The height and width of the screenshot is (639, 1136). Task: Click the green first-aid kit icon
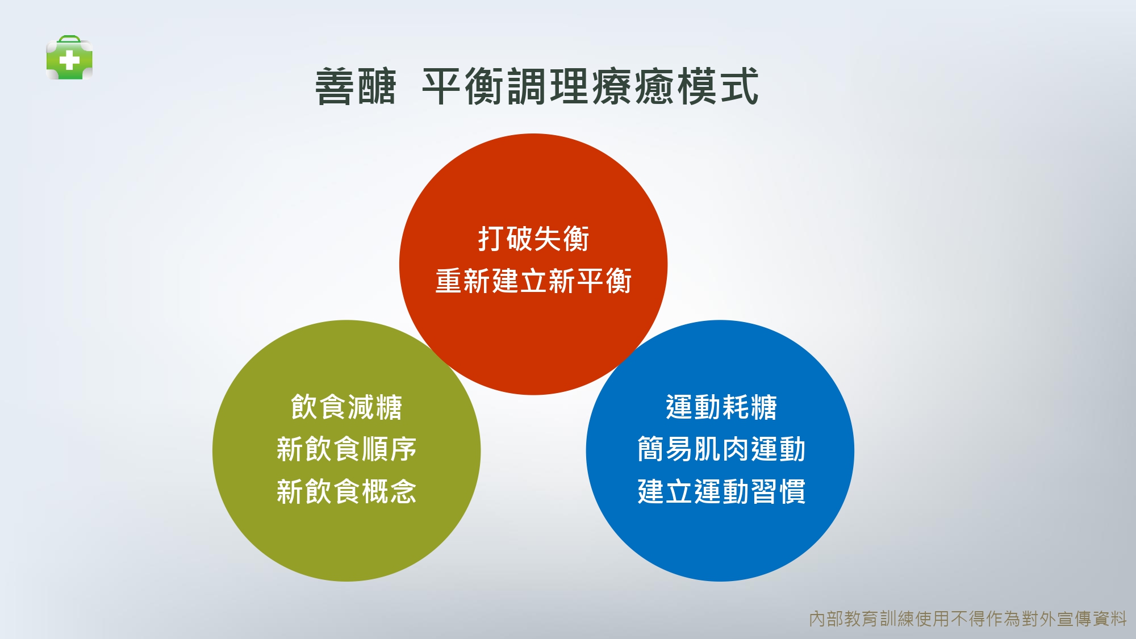click(69, 57)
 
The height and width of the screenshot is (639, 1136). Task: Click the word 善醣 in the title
click(356, 86)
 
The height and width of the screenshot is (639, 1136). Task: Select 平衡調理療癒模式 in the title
click(591, 86)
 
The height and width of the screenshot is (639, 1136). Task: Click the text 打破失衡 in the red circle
click(533, 239)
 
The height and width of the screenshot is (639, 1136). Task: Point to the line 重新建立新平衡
click(533, 281)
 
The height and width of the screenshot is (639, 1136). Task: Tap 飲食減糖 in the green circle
click(346, 407)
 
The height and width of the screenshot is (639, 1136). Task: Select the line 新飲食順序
click(346, 449)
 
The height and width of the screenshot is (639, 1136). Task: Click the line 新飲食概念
click(346, 491)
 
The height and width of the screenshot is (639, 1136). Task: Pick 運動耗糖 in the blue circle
click(721, 407)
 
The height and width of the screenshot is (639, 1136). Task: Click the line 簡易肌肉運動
click(721, 449)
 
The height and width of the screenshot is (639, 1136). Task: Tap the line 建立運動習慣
click(721, 491)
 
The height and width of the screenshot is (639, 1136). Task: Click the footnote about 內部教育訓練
click(968, 619)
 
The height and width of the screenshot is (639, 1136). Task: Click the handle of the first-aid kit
click(69, 40)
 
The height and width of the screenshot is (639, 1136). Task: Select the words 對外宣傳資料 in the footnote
click(1074, 619)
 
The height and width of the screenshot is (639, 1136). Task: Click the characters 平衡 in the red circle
click(604, 281)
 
